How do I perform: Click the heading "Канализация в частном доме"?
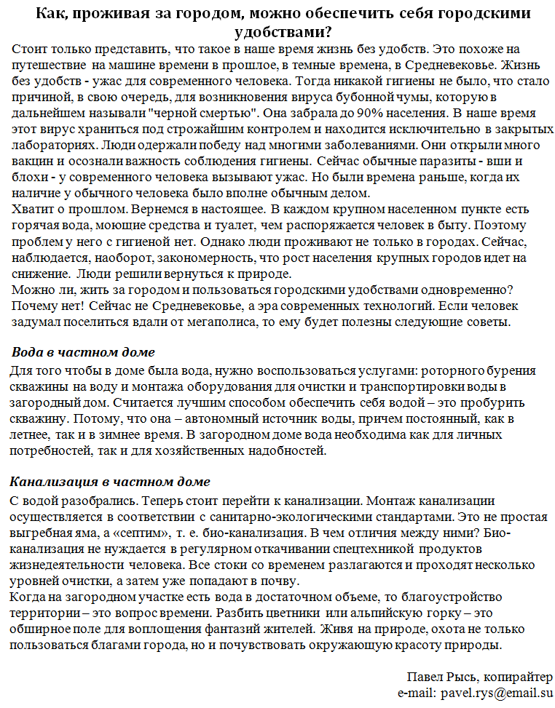click(x=110, y=482)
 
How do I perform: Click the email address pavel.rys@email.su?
click(x=475, y=693)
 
